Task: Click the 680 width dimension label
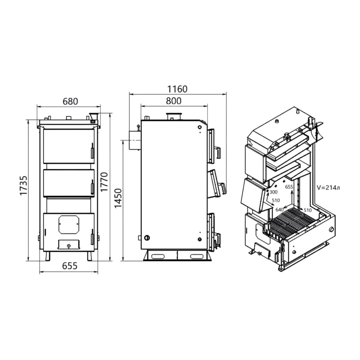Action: pos(70,101)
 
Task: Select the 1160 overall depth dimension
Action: pos(177,89)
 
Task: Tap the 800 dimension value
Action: pos(174,101)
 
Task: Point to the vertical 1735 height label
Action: pos(23,185)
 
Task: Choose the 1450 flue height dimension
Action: pos(118,198)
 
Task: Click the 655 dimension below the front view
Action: pos(70,266)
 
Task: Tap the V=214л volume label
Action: pos(328,188)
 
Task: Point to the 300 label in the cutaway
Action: pos(274,192)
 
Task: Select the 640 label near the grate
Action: pos(279,210)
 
